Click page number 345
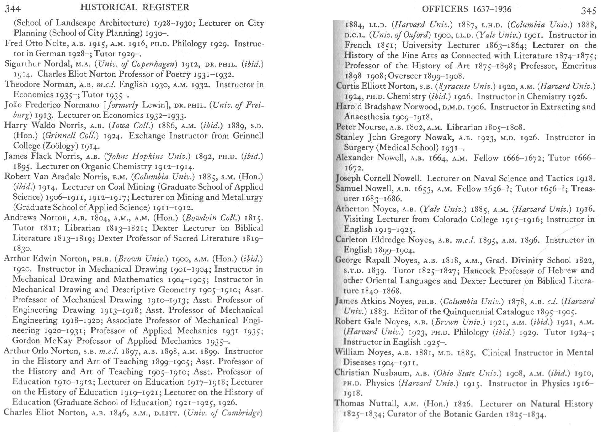tap(589, 11)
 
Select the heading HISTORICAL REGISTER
tap(134, 7)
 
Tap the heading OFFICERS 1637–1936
tap(467, 10)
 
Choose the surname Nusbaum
tap(392, 373)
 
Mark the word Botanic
tap(459, 414)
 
